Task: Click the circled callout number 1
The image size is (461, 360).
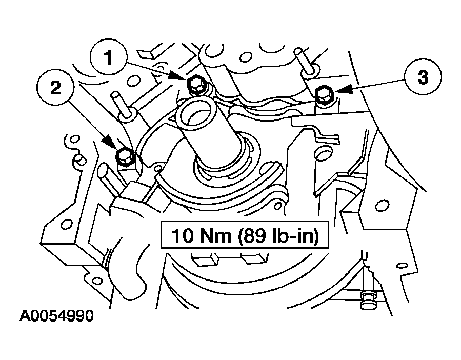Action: tap(109, 57)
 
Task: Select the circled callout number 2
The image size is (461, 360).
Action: tap(55, 88)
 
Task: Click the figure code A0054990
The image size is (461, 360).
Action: tap(56, 316)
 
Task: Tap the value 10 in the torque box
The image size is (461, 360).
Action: tap(182, 235)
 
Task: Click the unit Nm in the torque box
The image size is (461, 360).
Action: tap(216, 235)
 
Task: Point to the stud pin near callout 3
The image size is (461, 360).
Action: tap(303, 61)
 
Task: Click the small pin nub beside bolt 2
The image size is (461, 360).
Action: tap(80, 159)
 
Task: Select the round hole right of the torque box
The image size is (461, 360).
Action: tap(382, 206)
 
